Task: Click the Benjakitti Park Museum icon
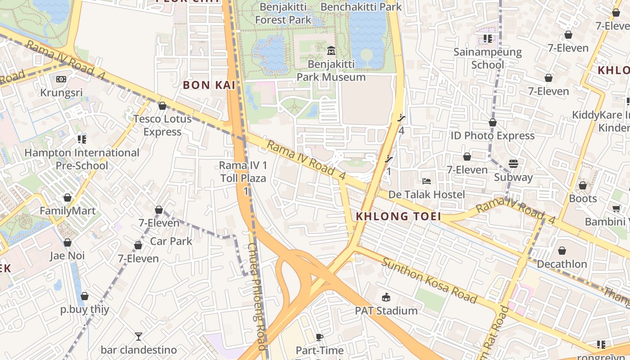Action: [331, 50]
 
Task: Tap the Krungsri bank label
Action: [62, 93]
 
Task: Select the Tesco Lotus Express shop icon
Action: [162, 106]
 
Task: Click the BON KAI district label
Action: [209, 85]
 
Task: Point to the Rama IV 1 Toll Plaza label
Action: [243, 172]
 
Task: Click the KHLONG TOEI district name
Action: [398, 216]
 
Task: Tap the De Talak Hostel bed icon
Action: [427, 181]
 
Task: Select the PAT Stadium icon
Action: [386, 297]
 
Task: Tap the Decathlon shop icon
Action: [562, 251]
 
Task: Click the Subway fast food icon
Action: [513, 164]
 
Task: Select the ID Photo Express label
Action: [493, 135]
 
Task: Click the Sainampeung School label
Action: [488, 58]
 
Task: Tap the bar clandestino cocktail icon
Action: [139, 336]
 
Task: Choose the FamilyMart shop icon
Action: [67, 198]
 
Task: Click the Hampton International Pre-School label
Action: [82, 159]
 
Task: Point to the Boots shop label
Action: [583, 198]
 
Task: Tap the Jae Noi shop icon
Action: [67, 243]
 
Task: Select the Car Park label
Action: [171, 241]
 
